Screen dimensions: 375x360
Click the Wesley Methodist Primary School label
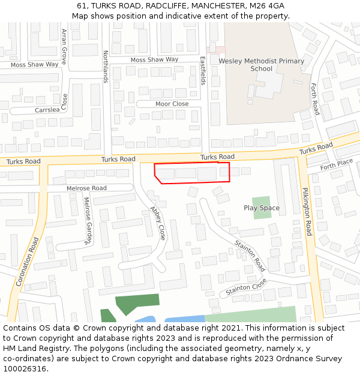[x=261, y=65]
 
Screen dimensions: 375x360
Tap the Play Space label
[x=262, y=208]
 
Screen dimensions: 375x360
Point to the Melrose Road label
[x=86, y=188]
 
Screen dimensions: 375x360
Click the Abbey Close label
[x=158, y=223]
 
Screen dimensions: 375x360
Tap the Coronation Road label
[x=28, y=260]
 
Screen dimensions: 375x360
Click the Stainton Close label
[x=246, y=288]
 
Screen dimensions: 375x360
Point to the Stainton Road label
[x=250, y=256]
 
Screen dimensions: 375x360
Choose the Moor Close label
[x=172, y=104]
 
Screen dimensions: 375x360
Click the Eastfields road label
[x=203, y=70]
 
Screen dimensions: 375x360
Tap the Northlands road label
[x=105, y=66]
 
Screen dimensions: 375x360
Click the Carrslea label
[x=47, y=110]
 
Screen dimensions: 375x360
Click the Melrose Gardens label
[x=88, y=220]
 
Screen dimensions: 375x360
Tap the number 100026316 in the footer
[x=23, y=368]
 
